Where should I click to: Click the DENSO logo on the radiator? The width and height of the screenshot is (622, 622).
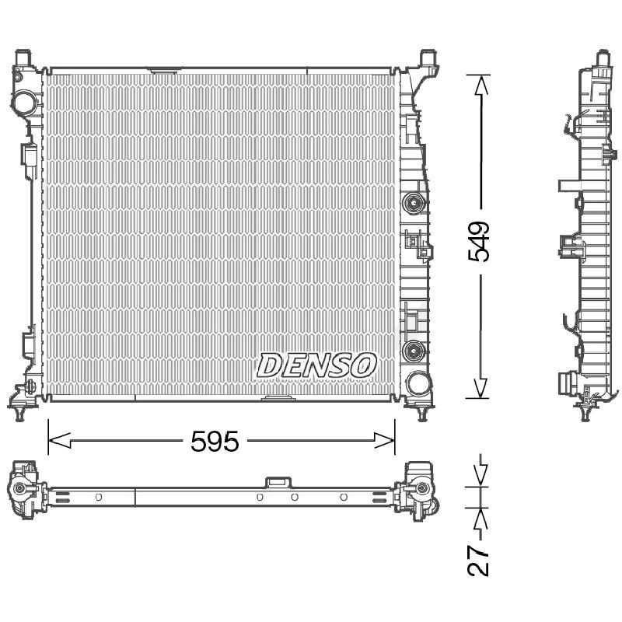tap(316, 365)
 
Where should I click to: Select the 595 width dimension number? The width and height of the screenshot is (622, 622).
tap(215, 441)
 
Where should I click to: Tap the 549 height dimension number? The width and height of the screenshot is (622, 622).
tap(479, 242)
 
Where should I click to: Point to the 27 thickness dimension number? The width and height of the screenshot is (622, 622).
tap(478, 561)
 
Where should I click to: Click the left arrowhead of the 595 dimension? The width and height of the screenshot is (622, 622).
tap(60, 440)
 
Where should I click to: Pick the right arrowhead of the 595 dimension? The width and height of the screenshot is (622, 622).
tap(384, 440)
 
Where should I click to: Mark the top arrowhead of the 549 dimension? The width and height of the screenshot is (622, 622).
tap(480, 86)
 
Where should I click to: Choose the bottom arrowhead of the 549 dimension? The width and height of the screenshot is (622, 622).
tap(480, 387)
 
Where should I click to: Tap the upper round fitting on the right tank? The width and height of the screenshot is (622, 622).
tap(414, 204)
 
